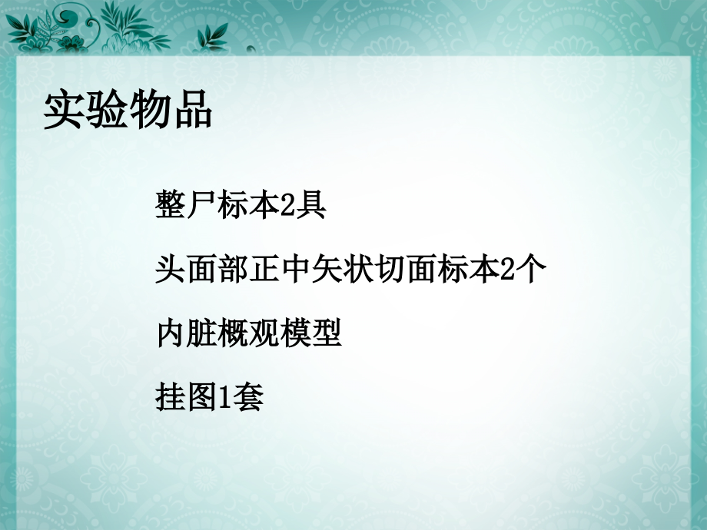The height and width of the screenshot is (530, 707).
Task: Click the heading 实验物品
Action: click(x=128, y=110)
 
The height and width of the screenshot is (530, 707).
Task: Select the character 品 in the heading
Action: click(x=191, y=110)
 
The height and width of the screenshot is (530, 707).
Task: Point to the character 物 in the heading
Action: click(x=149, y=110)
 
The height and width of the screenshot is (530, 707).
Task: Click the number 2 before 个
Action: click(x=505, y=270)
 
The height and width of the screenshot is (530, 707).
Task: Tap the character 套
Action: click(x=247, y=398)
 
